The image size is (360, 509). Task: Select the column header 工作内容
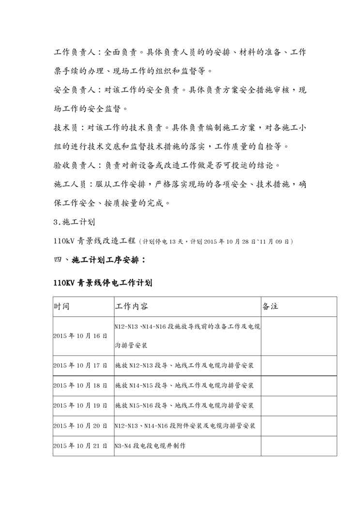click(x=132, y=307)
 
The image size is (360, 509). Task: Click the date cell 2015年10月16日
click(x=80, y=336)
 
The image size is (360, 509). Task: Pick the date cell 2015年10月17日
click(x=80, y=366)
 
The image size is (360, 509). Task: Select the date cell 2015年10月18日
click(x=80, y=386)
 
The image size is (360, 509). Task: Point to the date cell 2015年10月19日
click(x=80, y=405)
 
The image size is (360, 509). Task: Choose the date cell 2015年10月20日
click(x=80, y=426)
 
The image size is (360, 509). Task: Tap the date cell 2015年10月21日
click(x=80, y=446)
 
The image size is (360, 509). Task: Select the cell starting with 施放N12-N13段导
click(x=185, y=366)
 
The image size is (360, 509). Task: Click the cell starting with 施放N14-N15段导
click(x=185, y=386)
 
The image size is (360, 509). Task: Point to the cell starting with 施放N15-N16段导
click(x=185, y=405)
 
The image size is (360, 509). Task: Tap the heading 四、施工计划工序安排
click(x=100, y=260)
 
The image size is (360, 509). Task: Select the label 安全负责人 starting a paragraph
click(x=73, y=90)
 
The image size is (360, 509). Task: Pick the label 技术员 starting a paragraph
click(x=65, y=128)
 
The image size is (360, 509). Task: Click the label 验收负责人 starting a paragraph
click(x=73, y=166)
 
